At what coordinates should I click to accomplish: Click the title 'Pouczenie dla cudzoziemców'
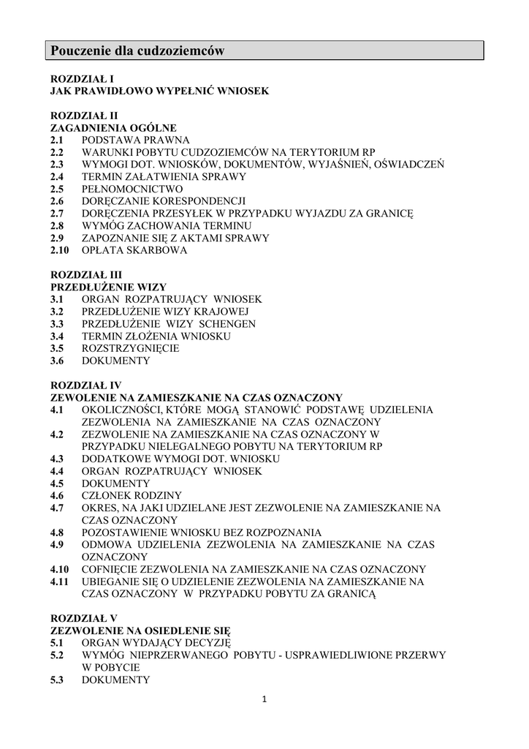(137, 50)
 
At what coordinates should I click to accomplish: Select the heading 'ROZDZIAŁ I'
(82, 78)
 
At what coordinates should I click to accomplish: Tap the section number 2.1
(57, 140)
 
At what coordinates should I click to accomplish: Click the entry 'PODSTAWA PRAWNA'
(135, 140)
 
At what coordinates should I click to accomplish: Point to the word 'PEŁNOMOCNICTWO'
(132, 189)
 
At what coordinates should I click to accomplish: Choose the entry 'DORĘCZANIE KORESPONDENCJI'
(163, 201)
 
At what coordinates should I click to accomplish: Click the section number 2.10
(60, 250)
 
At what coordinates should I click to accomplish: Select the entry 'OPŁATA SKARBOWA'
(134, 250)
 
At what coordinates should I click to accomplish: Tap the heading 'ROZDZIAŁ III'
(85, 275)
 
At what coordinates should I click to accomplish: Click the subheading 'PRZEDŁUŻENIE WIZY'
(108, 287)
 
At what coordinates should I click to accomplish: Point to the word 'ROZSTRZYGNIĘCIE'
(130, 349)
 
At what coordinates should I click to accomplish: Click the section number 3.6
(57, 361)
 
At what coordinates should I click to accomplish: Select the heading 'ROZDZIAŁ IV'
(85, 385)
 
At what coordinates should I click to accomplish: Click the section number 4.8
(57, 532)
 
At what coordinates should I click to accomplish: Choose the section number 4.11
(60, 581)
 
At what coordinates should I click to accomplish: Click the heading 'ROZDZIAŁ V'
(83, 618)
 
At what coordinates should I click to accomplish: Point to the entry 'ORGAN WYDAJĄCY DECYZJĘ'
(156, 643)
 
